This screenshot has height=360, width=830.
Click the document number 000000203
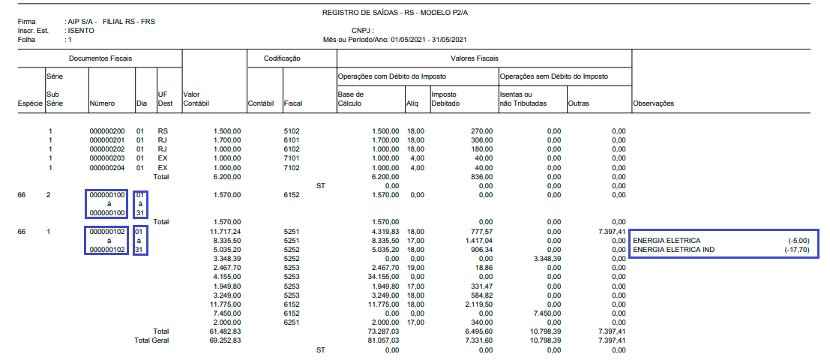point(107,159)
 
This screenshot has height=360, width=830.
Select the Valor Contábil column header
point(191,98)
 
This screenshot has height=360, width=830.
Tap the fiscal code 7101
point(292,159)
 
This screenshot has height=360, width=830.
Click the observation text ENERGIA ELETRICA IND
point(673,250)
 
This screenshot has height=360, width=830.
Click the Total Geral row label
point(151,340)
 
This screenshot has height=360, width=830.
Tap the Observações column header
point(654,103)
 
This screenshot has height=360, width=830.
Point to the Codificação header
point(282,58)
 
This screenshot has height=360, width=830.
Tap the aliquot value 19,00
point(415,268)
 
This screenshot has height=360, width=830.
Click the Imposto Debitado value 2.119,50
point(477,304)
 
